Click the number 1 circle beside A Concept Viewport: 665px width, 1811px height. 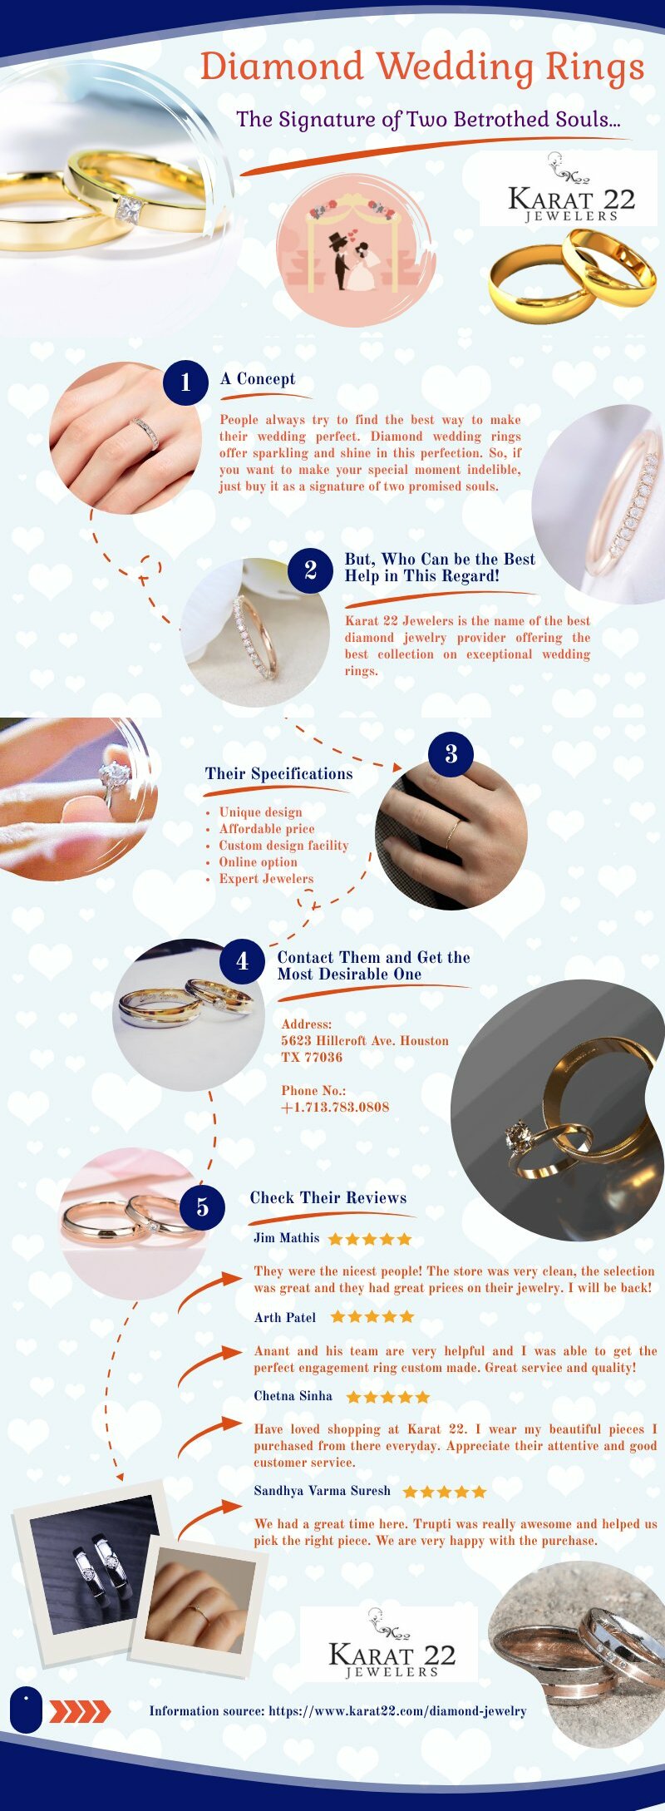click(x=185, y=382)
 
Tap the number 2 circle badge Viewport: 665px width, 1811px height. click(x=310, y=570)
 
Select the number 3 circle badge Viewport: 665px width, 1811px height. click(x=451, y=753)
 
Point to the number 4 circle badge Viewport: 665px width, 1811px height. click(x=242, y=961)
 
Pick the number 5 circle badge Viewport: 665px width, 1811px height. click(x=202, y=1207)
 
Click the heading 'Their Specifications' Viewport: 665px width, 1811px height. click(x=278, y=774)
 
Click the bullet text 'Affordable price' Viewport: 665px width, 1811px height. click(x=267, y=829)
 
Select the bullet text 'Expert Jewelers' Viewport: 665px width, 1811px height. click(x=266, y=879)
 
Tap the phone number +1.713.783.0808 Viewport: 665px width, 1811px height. click(x=335, y=1108)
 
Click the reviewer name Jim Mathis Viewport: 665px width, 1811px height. click(x=286, y=1238)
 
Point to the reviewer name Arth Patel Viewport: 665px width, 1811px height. click(x=285, y=1317)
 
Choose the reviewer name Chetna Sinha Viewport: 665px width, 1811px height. click(x=293, y=1396)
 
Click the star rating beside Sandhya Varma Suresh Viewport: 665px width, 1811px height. click(x=444, y=1492)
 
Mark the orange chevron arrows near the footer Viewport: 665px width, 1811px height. click(x=80, y=1711)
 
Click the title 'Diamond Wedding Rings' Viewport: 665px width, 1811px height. click(x=422, y=67)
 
